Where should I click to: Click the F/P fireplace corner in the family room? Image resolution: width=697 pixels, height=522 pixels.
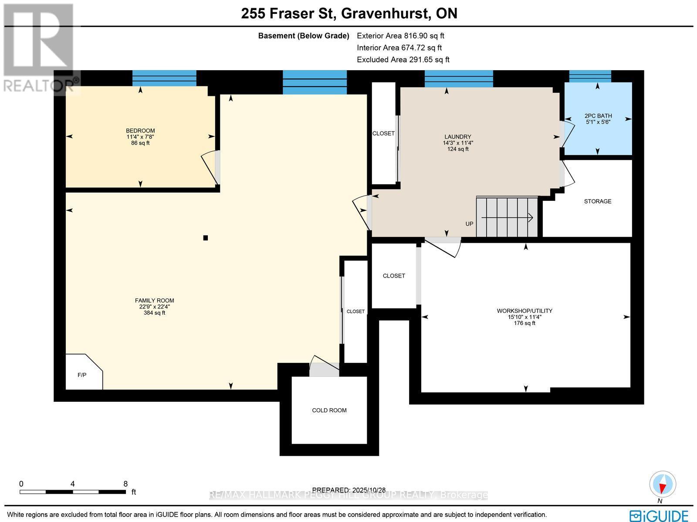[x=82, y=374]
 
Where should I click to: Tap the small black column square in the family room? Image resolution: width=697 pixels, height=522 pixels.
[x=206, y=238]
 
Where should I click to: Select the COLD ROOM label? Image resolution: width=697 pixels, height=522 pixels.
[x=329, y=410]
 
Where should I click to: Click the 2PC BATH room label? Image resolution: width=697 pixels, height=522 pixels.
[x=598, y=116]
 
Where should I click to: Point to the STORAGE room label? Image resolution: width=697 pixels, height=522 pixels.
[x=598, y=201]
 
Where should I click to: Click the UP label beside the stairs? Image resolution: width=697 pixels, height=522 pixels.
[x=469, y=224]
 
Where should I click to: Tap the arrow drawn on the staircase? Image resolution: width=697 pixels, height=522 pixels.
[x=508, y=217]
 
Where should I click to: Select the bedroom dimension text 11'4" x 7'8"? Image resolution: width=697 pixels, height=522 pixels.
[x=140, y=137]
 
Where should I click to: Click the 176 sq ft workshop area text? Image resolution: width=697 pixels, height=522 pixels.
[x=524, y=323]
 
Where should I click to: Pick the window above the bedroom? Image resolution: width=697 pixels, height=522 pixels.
[x=164, y=78]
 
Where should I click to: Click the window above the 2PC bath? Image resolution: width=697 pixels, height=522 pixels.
[x=590, y=76]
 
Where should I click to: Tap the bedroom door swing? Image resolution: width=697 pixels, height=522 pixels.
[x=210, y=167]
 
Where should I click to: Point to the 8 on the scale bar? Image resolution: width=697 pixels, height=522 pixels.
[x=125, y=484]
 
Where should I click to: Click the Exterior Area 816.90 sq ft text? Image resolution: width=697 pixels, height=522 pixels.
[x=400, y=36]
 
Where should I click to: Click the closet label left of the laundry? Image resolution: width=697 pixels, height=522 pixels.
[x=383, y=133]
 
